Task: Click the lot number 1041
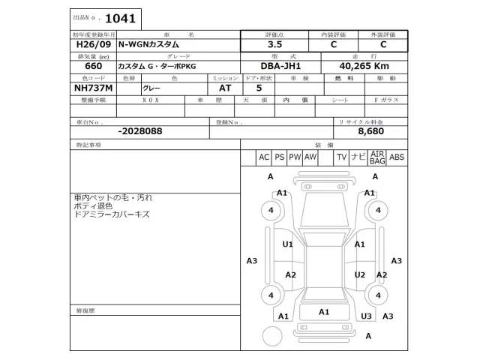coord(121,17)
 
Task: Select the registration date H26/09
coord(91,44)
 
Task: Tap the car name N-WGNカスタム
coord(149,44)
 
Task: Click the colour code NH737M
coord(94,88)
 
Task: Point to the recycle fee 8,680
coord(370,130)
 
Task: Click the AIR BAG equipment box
coord(377,157)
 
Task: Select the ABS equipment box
coord(397,157)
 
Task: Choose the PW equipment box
coord(295,157)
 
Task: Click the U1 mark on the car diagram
coord(287,244)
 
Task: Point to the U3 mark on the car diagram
coord(366,316)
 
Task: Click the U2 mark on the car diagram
coord(360,274)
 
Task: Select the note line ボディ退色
coord(93,205)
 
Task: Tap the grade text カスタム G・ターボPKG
coord(155,67)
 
